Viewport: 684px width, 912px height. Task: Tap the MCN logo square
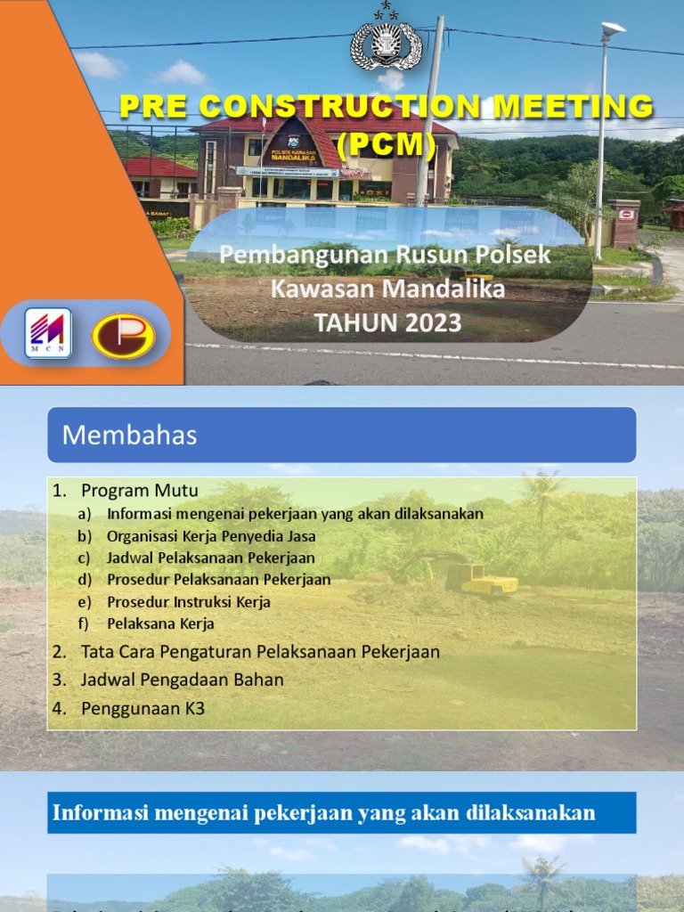[48, 333]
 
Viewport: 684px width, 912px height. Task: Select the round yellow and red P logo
[124, 336]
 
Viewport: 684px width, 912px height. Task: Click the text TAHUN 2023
[387, 323]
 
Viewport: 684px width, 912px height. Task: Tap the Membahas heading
[129, 436]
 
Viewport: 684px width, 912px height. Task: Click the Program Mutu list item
[139, 491]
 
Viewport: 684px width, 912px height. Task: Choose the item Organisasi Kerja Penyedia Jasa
[211, 536]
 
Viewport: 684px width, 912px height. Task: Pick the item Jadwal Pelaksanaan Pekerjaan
[210, 558]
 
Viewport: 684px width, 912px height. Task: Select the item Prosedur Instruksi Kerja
[188, 602]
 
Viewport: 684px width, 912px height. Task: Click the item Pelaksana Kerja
[160, 623]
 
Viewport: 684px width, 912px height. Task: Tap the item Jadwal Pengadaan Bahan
[182, 680]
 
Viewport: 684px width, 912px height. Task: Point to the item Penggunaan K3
[142, 709]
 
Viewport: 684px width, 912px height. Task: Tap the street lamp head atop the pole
[613, 28]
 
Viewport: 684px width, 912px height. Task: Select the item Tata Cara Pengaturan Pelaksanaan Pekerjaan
[260, 652]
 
